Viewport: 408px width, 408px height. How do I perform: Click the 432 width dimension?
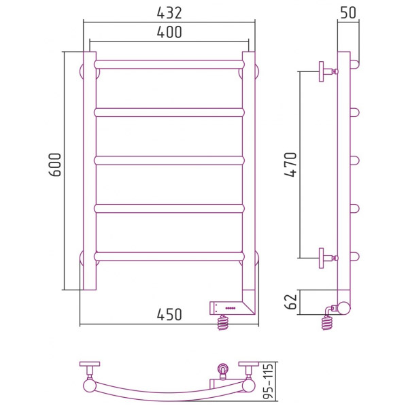pos(169,13)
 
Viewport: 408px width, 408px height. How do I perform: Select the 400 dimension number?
pos(169,32)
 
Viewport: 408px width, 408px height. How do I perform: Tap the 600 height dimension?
pos(55,165)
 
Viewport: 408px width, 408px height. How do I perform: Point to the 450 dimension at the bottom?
pos(169,314)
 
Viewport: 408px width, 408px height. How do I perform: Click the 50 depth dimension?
pos(348,12)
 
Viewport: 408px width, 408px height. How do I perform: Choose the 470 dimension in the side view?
pos(290,165)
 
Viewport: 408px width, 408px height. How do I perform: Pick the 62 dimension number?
pos(291,302)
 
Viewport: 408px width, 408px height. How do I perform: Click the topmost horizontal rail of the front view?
pos(169,65)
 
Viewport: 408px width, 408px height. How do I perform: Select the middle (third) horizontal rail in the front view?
pos(169,160)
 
